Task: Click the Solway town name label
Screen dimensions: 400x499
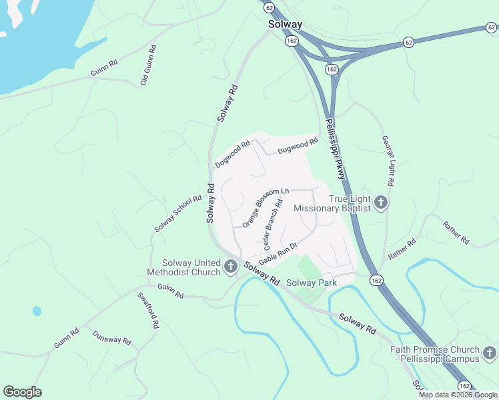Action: [285, 25]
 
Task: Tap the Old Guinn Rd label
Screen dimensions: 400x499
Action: [148, 65]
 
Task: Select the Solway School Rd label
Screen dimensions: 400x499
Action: [177, 214]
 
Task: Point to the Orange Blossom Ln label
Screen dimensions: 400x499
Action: [265, 207]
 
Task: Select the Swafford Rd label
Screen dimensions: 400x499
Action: [148, 310]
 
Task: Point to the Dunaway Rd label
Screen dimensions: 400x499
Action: [111, 338]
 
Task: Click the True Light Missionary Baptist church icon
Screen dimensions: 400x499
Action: [381, 202]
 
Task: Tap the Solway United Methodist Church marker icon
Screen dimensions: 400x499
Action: [231, 267]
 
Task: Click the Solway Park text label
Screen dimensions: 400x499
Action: [311, 283]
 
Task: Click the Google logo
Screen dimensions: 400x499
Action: [22, 392]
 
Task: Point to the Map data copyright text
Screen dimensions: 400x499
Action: [458, 395]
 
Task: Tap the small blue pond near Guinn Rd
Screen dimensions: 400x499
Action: [37, 311]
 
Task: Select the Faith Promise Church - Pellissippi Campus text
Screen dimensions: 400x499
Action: [435, 354]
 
